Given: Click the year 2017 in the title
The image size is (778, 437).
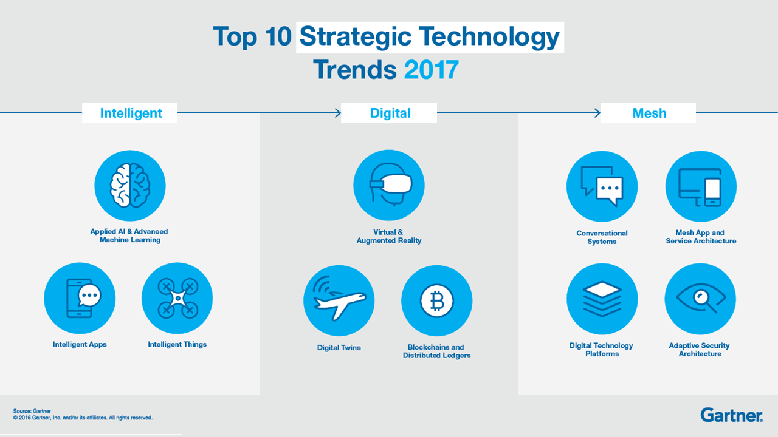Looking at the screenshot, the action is [x=431, y=70].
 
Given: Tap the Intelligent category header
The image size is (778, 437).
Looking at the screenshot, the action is [x=131, y=113].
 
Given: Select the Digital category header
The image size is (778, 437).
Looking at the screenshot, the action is [x=390, y=113].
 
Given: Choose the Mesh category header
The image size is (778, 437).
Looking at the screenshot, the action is [x=649, y=113].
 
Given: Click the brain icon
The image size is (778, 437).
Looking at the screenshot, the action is [x=130, y=186].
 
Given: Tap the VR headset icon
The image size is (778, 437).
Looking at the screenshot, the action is [x=390, y=185].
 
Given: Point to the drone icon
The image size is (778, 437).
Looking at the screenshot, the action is [x=178, y=298].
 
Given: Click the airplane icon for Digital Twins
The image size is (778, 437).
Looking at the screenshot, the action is [x=339, y=299].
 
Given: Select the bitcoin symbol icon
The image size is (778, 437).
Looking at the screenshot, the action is [x=436, y=300].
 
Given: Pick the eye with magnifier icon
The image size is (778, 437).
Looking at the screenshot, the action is [x=701, y=298].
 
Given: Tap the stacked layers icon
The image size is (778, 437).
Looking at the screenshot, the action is [x=602, y=298].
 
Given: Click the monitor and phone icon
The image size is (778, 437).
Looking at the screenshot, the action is [x=700, y=188].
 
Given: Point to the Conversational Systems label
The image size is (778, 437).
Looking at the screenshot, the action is [x=602, y=237].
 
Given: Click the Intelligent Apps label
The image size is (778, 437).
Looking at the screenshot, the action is [x=80, y=344].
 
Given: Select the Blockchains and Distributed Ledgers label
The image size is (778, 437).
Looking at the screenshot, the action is [x=436, y=351].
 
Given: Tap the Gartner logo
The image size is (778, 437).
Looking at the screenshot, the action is [x=731, y=415].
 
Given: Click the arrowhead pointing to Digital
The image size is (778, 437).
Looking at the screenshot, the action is [x=338, y=113].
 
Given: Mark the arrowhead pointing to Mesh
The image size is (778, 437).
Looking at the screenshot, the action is [x=597, y=113].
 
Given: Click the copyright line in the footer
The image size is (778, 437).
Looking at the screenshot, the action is [x=83, y=418].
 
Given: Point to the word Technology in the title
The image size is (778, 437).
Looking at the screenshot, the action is [x=489, y=37].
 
